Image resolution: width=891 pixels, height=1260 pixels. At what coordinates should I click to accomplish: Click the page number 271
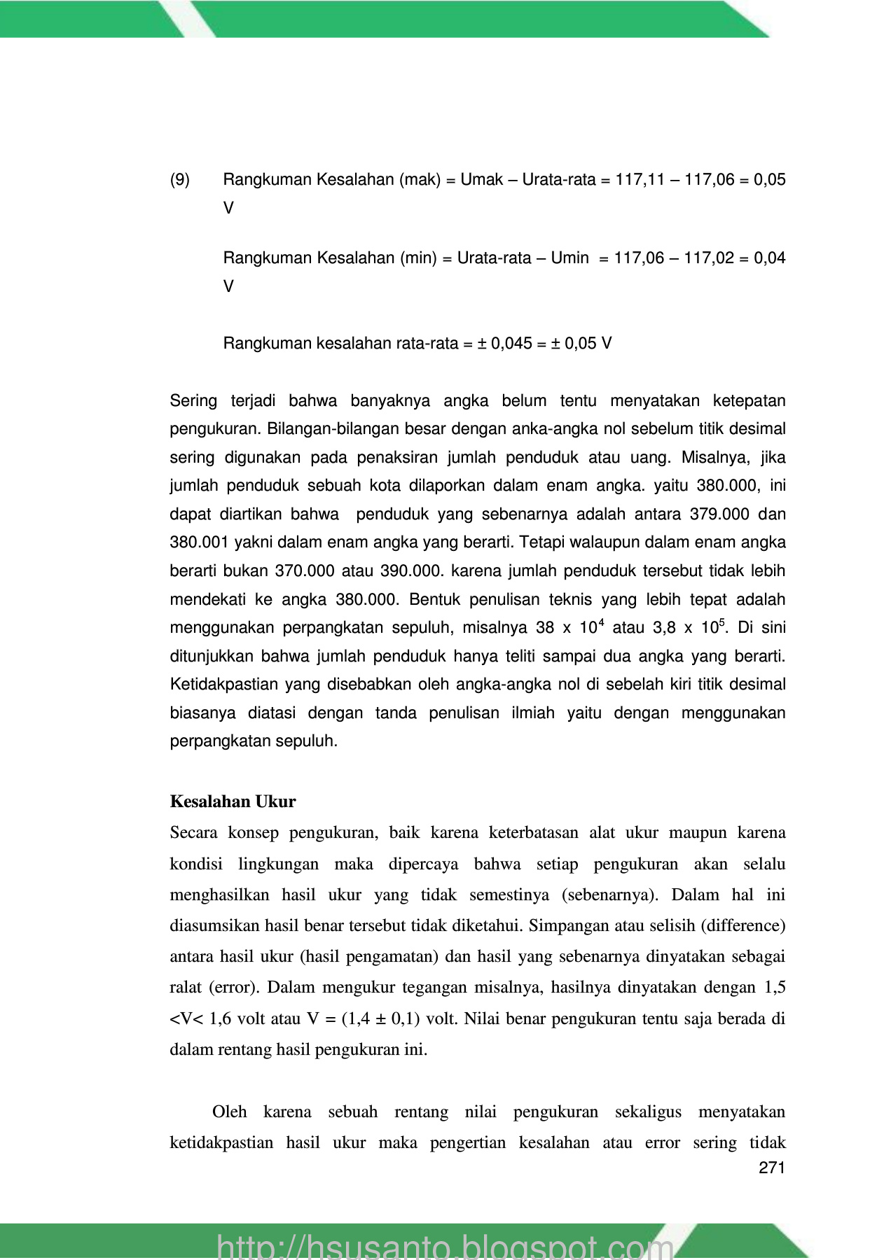coord(772,1168)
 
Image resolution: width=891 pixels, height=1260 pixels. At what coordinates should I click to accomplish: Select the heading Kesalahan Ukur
coord(233,801)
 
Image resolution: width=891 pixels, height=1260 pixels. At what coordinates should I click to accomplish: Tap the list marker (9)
coord(180,180)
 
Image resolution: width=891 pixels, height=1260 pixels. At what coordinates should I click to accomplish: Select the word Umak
coord(481,180)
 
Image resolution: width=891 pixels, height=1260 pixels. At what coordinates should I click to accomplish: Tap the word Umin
coord(569,258)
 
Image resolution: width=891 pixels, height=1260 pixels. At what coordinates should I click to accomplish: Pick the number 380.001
coord(199,542)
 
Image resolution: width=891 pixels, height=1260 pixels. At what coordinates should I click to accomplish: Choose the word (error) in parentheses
coord(235,988)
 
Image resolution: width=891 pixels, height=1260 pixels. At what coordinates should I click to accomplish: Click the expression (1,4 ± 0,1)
coord(381,1018)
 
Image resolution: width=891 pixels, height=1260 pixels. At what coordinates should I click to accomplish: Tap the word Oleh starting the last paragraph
coord(230,1112)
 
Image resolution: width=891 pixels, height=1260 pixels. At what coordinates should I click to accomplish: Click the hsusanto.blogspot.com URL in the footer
coord(445,1246)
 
